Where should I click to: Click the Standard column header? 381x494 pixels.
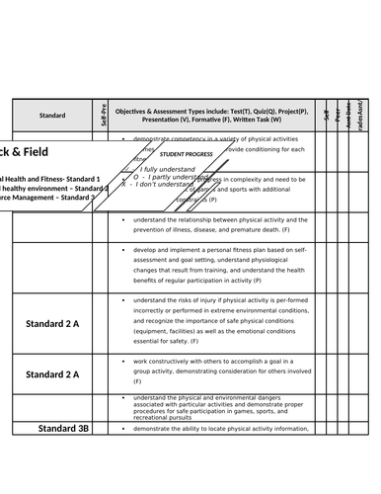coord(52,116)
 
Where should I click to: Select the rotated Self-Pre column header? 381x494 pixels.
coord(104,116)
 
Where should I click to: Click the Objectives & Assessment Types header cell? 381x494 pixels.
coord(211,116)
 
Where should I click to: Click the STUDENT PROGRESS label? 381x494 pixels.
coord(186,155)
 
